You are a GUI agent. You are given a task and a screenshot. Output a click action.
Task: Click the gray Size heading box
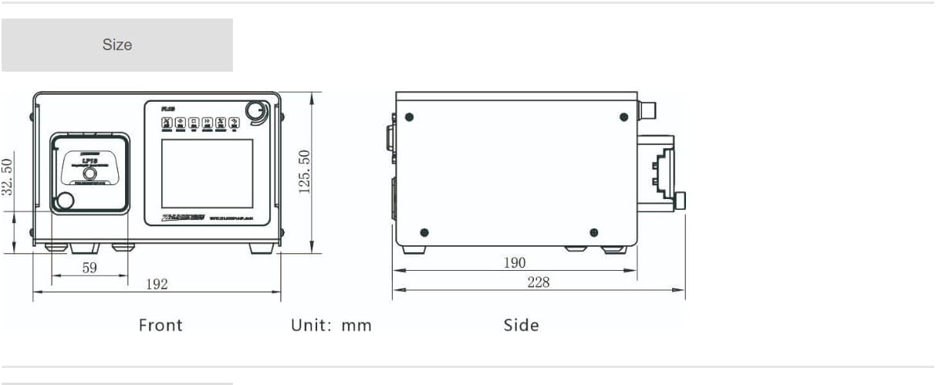pos(117,45)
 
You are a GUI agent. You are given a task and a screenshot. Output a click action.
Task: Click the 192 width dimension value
pos(157,284)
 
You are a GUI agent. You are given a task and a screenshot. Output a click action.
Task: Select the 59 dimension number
pos(90,268)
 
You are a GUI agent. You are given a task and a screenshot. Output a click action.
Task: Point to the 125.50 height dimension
pos(305,171)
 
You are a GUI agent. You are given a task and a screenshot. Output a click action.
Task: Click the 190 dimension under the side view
pos(515,262)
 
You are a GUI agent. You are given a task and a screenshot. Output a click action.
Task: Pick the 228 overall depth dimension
pos(539,282)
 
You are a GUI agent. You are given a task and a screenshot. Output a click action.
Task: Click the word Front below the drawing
pos(161,325)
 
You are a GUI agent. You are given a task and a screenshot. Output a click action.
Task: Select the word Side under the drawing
pos(521,325)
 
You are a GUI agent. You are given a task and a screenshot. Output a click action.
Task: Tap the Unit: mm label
pos(331,325)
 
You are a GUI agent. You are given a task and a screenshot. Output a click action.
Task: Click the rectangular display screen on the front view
pos(207,174)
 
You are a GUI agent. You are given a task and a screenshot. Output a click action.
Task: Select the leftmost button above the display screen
pos(167,122)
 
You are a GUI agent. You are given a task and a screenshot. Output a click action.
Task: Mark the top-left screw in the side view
pos(409,117)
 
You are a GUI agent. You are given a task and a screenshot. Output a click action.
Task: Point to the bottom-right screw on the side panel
pos(593,232)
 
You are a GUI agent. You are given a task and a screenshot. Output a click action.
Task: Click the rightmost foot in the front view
pos(261,249)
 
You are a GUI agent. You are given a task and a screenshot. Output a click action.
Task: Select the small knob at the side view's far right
pos(681,201)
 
